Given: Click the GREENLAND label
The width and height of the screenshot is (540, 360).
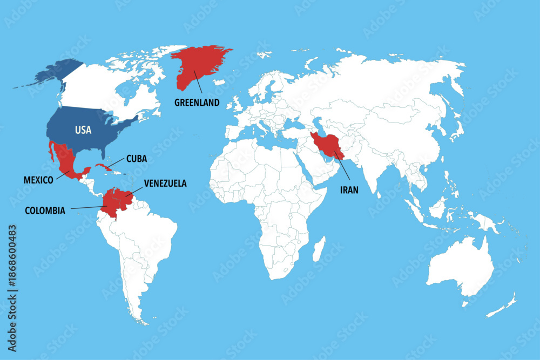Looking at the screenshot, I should click(197, 103).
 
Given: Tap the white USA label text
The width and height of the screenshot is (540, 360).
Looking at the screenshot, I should click(83, 130).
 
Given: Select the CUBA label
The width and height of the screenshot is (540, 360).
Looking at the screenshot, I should click(136, 159).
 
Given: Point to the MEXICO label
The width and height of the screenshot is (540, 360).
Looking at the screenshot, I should click(38, 180).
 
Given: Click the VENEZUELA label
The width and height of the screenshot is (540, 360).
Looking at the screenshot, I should click(165, 184).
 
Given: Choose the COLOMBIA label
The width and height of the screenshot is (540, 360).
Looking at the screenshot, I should click(45, 210).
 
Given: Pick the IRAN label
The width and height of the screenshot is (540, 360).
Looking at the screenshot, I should click(349, 189).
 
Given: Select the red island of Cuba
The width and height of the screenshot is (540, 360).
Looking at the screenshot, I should click(105, 167).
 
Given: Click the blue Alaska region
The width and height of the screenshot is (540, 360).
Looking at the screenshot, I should click(54, 73).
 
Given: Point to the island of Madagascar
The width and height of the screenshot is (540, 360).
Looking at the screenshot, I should click(319, 249).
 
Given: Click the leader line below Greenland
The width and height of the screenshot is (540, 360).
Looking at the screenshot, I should click(198, 85).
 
